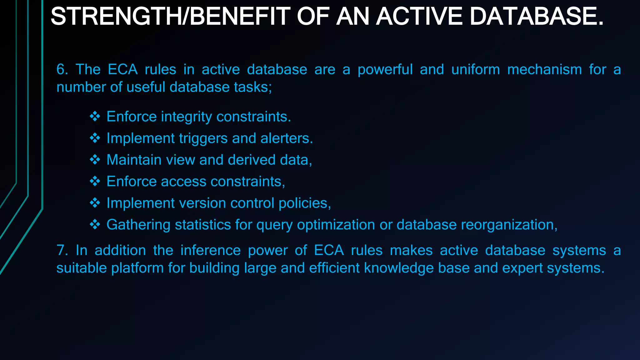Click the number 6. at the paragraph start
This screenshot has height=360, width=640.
pos(62,69)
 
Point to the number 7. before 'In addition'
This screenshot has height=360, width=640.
pos(62,250)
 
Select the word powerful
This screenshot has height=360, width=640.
pos(385,69)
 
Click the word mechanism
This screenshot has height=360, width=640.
pos(544,69)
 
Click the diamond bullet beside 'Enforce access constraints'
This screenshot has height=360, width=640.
pos(95,181)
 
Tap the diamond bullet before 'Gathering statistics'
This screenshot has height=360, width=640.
pos(95,224)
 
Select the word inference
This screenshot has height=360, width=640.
pos(211,250)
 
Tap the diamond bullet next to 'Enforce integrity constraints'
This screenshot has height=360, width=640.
pos(95,117)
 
